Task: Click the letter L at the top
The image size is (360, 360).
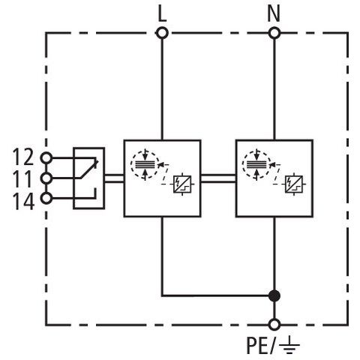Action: [162, 13]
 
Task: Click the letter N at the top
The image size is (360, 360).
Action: [274, 13]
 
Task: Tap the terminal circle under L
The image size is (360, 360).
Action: [162, 33]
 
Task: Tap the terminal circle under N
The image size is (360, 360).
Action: [274, 33]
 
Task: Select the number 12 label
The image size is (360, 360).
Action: [23, 157]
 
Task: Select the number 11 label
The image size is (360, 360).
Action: [22, 178]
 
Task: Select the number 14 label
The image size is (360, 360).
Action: [23, 201]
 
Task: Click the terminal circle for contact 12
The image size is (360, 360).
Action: [46, 158]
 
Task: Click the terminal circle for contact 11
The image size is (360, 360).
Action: [46, 178]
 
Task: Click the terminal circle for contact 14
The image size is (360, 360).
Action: [46, 199]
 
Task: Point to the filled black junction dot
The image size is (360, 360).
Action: [274, 295]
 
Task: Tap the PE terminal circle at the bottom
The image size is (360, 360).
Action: [274, 325]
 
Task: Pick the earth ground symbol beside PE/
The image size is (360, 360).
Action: [289, 345]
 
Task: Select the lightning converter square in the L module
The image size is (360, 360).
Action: [182, 184]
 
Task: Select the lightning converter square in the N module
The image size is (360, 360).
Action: [294, 184]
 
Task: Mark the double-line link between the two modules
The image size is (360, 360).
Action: [218, 178]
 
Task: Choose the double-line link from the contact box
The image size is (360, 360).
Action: [114, 178]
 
